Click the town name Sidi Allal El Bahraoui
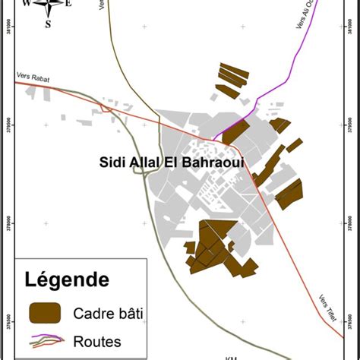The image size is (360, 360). (171, 162)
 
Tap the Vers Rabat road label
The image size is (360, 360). (31, 76)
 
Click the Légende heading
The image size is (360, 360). (67, 279)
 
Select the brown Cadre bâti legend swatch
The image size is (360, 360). (45, 311)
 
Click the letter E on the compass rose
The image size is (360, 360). (68, 4)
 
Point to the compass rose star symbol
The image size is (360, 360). (48, 6)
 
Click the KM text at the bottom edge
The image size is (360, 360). (232, 356)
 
